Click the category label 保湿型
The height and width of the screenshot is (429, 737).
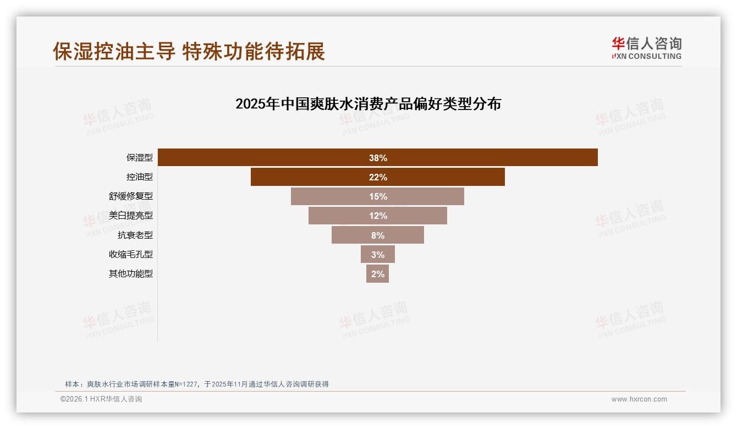pos(140,158)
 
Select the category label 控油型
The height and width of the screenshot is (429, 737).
pos(140,177)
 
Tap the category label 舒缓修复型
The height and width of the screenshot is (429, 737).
pos(131,196)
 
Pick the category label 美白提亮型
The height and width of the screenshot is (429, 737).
pos(131,216)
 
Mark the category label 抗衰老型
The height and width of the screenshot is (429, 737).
pos(135,235)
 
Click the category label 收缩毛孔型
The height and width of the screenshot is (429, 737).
pos(131,254)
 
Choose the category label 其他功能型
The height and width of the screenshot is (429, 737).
pos(131,273)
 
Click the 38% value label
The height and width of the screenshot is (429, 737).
pos(378,158)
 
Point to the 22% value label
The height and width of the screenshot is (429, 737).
pos(378,177)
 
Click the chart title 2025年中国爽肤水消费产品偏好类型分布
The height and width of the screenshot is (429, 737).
pos(368,104)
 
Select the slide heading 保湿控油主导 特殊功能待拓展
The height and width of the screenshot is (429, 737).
pos(189,51)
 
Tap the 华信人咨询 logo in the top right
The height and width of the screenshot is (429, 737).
pos(646,48)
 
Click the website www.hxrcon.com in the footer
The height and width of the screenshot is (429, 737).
pos(639,399)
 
